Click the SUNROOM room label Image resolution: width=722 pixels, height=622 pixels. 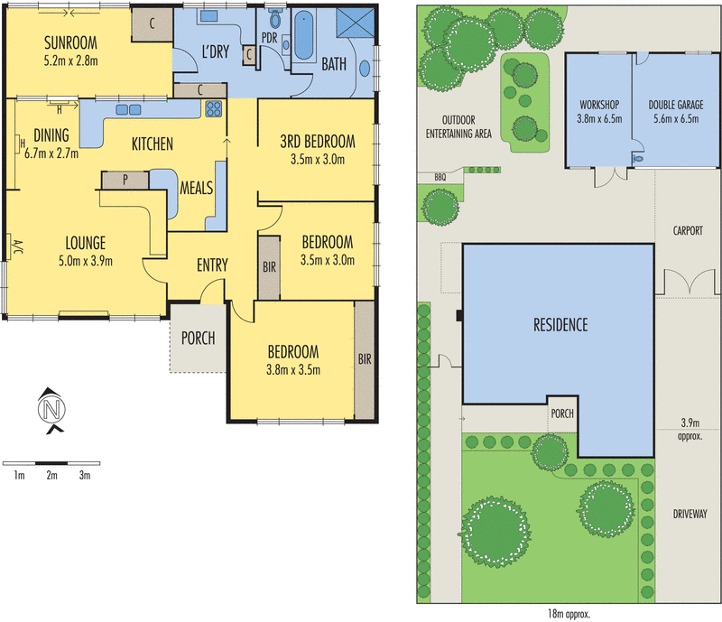point(71,42)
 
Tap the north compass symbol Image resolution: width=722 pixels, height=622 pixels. point(51,410)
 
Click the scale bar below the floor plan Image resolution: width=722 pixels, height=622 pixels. point(51,463)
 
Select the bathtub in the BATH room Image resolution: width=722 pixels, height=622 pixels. point(303,36)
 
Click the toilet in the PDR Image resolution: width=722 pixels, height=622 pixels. point(275,18)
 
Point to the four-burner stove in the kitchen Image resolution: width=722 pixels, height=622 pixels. point(214,108)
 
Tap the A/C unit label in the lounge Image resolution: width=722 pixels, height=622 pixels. point(17,247)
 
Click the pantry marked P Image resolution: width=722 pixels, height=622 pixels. point(125,180)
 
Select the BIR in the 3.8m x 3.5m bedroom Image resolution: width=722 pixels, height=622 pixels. point(365,360)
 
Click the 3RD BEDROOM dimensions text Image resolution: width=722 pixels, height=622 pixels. point(318,160)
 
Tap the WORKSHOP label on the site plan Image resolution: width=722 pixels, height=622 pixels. point(599,105)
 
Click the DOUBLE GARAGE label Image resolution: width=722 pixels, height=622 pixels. point(676,105)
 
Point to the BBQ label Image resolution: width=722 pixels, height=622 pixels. point(440,177)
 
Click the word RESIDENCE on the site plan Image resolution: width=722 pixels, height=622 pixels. point(560,325)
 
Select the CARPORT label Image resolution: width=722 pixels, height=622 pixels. point(688,230)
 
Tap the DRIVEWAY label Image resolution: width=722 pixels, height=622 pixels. point(690,514)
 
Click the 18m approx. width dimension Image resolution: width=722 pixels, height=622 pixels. point(569,614)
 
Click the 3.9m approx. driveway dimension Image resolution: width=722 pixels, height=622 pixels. point(690,429)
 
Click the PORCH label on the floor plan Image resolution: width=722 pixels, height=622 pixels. point(198,339)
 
